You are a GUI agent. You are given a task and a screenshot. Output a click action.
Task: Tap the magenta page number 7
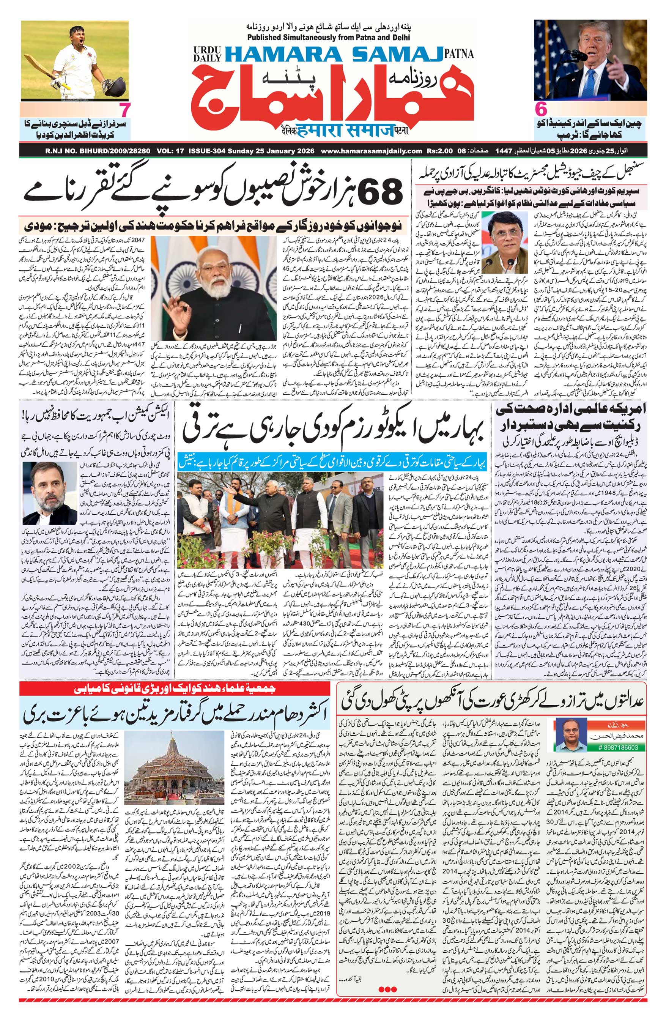(125, 111)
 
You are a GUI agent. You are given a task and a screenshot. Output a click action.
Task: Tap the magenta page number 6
(541, 111)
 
